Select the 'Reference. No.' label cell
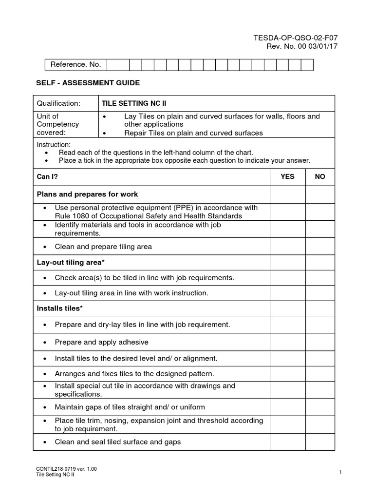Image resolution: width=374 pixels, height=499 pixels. [75, 64]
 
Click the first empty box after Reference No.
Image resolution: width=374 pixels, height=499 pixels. [118, 64]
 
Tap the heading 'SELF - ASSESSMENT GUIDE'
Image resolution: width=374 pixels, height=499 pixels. [88, 83]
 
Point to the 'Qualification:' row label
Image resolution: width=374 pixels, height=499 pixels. [58, 103]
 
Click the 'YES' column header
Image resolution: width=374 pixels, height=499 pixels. [287, 176]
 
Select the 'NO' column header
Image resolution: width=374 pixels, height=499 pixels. [320, 176]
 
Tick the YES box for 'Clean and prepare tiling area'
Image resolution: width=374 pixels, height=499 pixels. [287, 247]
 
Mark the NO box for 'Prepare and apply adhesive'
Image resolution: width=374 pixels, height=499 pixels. [320, 342]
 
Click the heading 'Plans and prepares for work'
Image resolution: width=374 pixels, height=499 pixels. [88, 194]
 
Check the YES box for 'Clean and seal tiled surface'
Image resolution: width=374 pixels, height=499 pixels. [287, 442]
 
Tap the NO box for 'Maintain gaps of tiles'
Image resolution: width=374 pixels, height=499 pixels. [320, 407]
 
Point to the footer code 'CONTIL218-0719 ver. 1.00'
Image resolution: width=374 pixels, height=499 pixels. [67, 469]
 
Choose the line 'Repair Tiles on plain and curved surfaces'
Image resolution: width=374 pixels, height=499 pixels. [193, 133]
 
